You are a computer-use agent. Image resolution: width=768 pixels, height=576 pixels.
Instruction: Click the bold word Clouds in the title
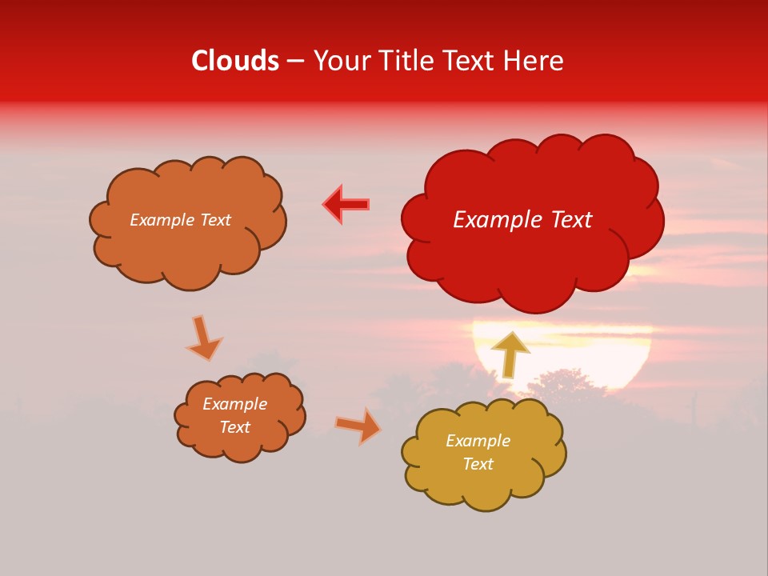point(235,61)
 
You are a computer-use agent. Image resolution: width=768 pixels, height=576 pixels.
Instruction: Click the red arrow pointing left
point(346,205)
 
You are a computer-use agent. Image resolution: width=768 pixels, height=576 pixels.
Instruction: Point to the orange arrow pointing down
point(203,337)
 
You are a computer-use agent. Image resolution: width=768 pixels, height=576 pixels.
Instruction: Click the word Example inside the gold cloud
point(478,441)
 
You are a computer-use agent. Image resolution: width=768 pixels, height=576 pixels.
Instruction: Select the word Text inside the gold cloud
point(478,464)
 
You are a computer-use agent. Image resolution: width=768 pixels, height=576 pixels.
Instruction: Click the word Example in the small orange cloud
point(234,404)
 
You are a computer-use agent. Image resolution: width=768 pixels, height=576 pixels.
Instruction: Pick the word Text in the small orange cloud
point(234,427)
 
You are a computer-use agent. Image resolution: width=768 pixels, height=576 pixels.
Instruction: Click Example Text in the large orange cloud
point(180,220)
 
